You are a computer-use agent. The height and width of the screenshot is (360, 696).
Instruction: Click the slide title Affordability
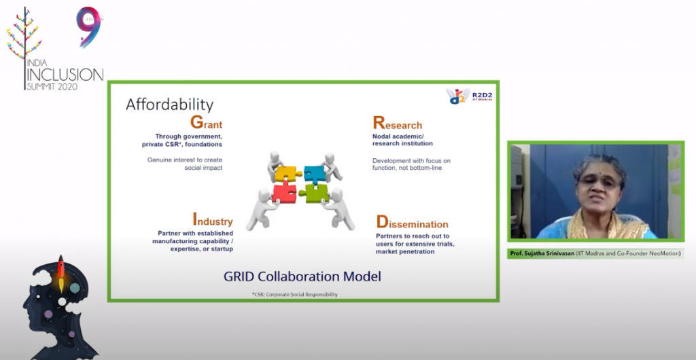[169, 105]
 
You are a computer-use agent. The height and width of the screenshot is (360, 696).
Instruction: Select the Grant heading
[206, 122]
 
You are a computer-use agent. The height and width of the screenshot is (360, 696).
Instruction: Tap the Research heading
[397, 123]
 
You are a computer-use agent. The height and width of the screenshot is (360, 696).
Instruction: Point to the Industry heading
[212, 219]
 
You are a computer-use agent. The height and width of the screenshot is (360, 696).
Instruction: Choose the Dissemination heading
[412, 221]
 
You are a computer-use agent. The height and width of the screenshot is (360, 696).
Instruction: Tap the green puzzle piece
[315, 193]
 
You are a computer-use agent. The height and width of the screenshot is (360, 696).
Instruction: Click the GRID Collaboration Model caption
[302, 276]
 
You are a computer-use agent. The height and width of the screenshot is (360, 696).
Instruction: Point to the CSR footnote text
[294, 294]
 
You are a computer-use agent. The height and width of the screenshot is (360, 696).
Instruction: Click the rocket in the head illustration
[61, 273]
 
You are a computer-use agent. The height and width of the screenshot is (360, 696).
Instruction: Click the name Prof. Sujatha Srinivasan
[542, 253]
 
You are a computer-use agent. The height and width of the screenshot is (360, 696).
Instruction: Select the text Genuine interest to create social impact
[185, 164]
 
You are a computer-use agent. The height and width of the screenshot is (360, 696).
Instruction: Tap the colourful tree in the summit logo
[24, 40]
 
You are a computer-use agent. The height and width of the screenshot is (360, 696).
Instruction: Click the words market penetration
[405, 252]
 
